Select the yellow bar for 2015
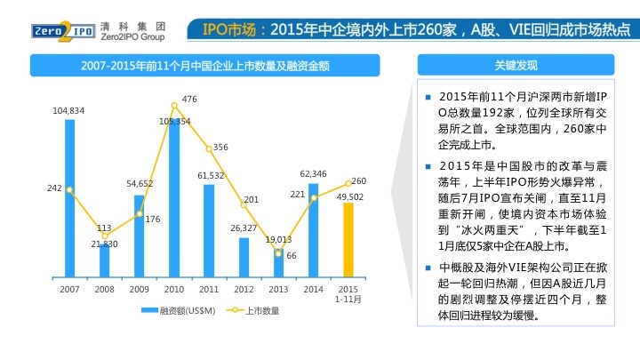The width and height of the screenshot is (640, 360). click(x=348, y=239)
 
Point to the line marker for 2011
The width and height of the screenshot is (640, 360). click(x=209, y=148)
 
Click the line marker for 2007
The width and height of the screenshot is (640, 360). click(x=69, y=189)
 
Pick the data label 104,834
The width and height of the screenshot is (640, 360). click(x=68, y=110)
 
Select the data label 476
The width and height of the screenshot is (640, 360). click(x=189, y=99)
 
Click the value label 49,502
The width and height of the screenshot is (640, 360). click(x=348, y=196)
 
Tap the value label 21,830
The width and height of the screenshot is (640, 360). click(x=104, y=244)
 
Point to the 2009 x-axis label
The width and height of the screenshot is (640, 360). click(x=139, y=289)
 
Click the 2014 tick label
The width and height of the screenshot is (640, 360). click(x=313, y=289)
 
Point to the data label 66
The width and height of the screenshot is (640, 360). click(x=291, y=255)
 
